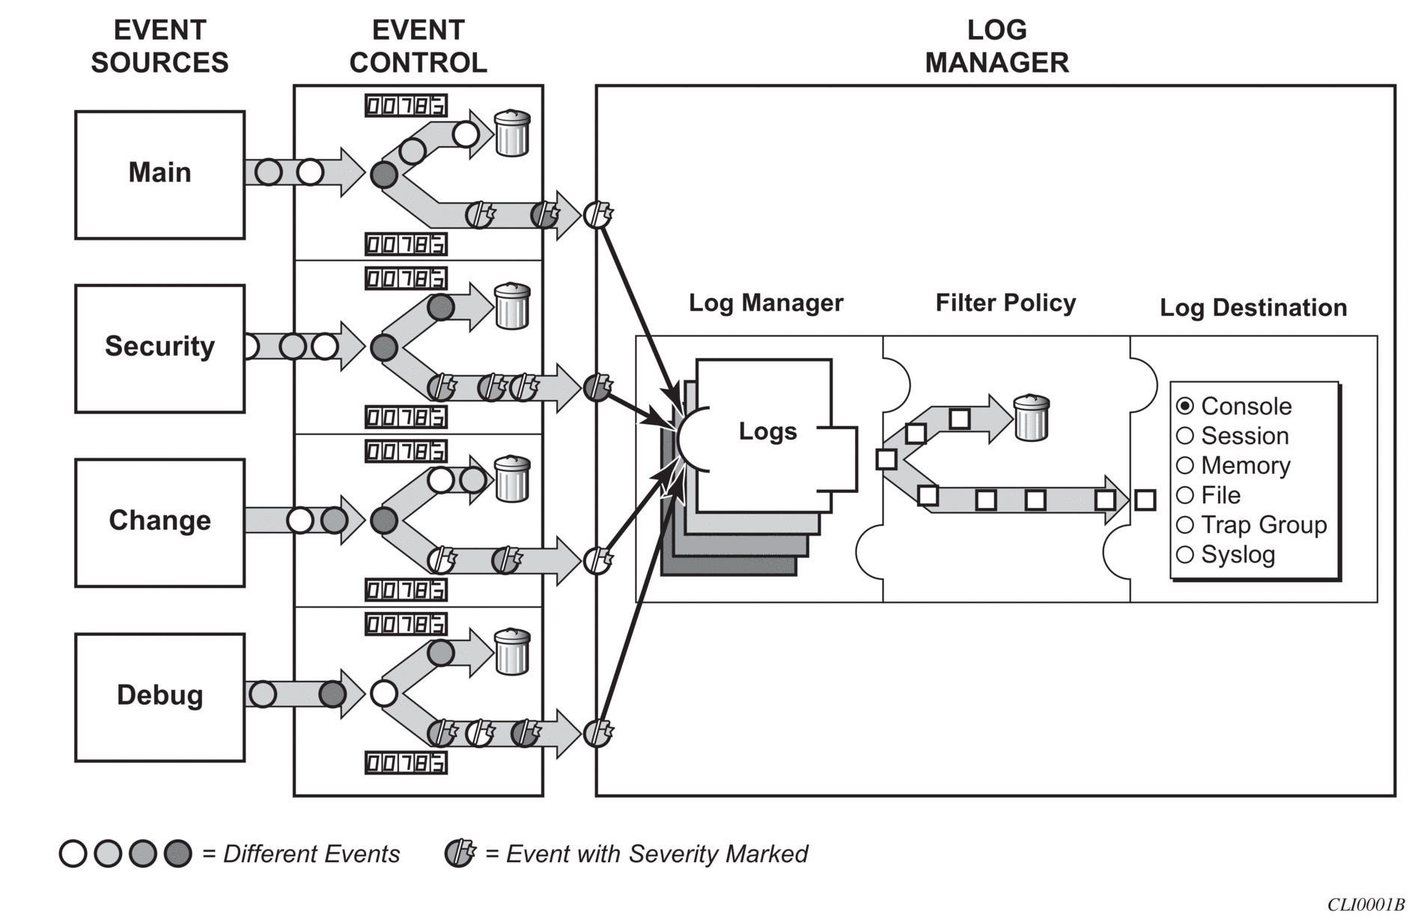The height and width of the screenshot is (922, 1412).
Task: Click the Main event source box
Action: coord(159,175)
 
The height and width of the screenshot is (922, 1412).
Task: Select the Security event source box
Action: coord(159,348)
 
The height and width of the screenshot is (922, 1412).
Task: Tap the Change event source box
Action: coord(159,523)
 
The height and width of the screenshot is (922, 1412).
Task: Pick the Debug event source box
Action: coord(159,697)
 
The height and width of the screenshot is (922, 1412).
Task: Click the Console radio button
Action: coord(1184,406)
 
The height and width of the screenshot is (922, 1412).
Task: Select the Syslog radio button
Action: coord(1184,554)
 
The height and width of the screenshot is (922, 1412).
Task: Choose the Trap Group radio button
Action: coord(1184,524)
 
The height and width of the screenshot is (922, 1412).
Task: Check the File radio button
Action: coord(1184,495)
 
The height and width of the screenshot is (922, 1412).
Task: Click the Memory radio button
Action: coord(1184,465)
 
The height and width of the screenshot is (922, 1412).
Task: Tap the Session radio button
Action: coord(1184,435)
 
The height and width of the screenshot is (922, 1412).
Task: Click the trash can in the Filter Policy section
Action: coord(1031,418)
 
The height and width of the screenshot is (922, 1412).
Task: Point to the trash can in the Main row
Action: coord(513,133)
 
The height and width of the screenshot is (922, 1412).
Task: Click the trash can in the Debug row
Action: coord(513,652)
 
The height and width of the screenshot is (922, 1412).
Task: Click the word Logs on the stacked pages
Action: coord(767,431)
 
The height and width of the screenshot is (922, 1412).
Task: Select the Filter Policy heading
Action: coord(1005,303)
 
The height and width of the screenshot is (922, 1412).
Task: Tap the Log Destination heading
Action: coord(1253,307)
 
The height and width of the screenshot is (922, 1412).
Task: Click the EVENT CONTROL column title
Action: coord(419,46)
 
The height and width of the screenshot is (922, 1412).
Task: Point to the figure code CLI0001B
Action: coord(1366,905)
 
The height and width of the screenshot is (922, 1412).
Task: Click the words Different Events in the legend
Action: coord(311,854)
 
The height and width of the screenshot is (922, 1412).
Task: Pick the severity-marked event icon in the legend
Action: coord(460,853)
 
